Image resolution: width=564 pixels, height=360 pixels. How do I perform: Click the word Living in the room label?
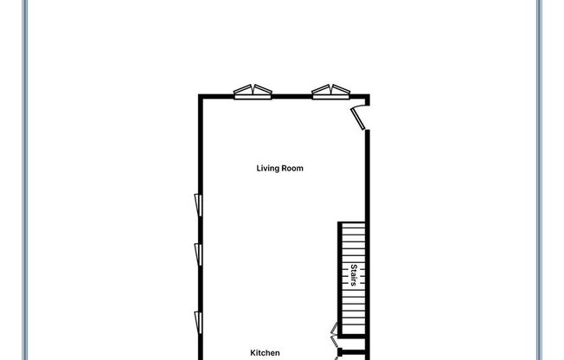tap(267, 169)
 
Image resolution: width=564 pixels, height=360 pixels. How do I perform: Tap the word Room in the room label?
tap(292, 168)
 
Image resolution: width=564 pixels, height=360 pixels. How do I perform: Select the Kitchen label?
tap(265, 353)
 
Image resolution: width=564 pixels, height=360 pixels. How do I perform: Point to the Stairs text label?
tap(354, 275)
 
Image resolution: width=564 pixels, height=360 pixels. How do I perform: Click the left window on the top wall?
tap(253, 92)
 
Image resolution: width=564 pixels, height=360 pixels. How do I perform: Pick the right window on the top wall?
tap(331, 92)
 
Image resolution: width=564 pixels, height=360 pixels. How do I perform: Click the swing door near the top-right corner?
tap(358, 118)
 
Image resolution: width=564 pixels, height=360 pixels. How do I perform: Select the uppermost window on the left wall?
tap(198, 205)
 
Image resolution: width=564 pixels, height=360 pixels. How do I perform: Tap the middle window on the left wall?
tap(198, 254)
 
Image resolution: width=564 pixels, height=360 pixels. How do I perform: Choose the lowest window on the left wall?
tap(198, 323)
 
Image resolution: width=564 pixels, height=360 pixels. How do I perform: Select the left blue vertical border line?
tap(25, 180)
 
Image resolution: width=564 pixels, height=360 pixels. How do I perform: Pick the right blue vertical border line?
tap(539, 180)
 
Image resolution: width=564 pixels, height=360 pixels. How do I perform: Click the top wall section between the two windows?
tap(292, 96)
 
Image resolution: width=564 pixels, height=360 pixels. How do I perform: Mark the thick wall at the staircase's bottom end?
tap(352, 337)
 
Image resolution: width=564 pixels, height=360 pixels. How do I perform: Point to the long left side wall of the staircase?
tap(340, 279)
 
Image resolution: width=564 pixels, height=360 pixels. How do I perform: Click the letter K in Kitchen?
tap(253, 353)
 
